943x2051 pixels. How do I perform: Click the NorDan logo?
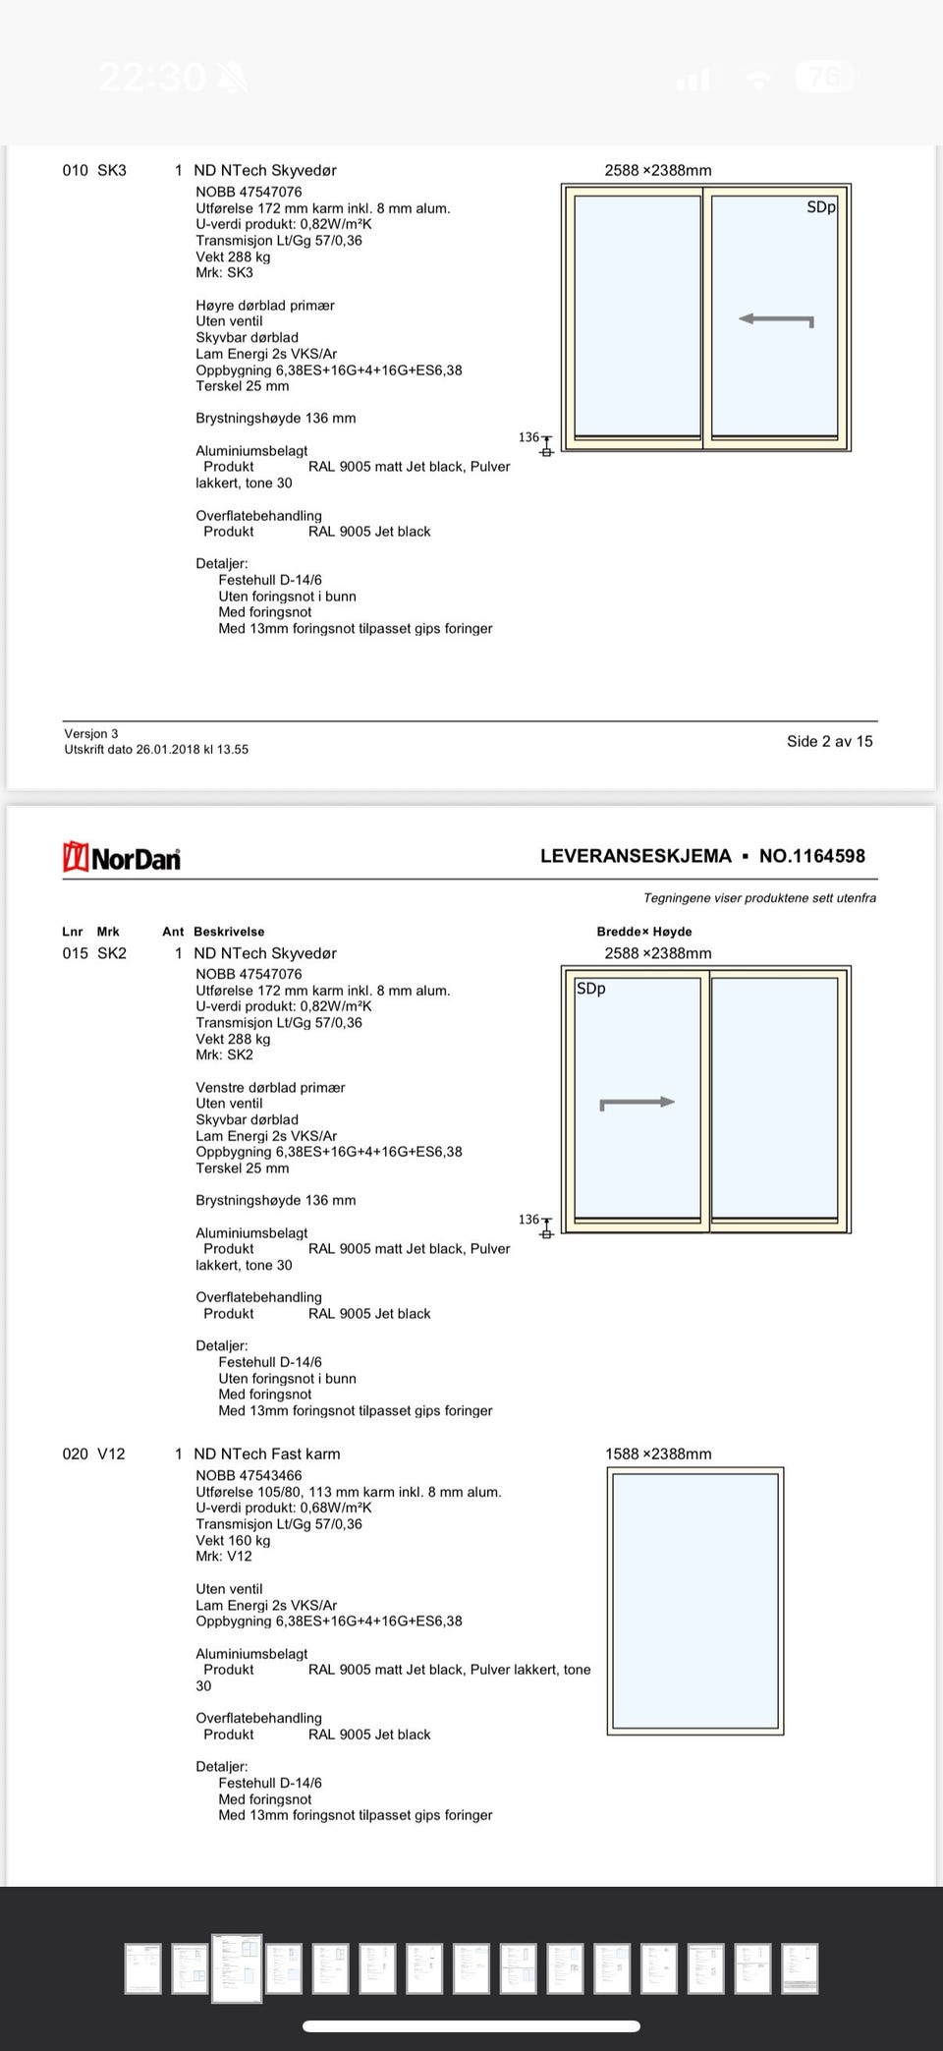click(x=122, y=857)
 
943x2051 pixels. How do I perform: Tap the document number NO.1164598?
click(x=811, y=856)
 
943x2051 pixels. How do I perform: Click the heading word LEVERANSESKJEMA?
click(x=636, y=856)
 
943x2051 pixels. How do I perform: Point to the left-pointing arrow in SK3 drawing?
click(x=775, y=319)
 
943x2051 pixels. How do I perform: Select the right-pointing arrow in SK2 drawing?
click(x=638, y=1103)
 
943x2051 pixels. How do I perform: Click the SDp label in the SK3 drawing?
click(x=820, y=207)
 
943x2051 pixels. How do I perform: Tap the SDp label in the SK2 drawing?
click(x=590, y=989)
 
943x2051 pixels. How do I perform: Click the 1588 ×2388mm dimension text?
click(x=658, y=1453)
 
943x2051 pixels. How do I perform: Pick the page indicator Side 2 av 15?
click(x=829, y=741)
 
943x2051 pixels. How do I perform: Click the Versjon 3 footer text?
click(x=91, y=733)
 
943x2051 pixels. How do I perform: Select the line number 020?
click(x=75, y=1453)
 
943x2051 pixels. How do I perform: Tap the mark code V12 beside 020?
click(x=111, y=1453)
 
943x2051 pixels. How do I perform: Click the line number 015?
click(x=75, y=953)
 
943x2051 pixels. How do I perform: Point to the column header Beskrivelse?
click(x=229, y=932)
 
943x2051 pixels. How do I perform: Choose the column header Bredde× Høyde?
click(x=644, y=932)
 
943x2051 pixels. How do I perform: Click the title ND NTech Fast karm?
click(x=267, y=1453)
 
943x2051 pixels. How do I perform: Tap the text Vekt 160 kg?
click(x=233, y=1540)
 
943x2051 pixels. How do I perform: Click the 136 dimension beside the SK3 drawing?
click(x=528, y=437)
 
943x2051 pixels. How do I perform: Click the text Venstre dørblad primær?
click(x=270, y=1087)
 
